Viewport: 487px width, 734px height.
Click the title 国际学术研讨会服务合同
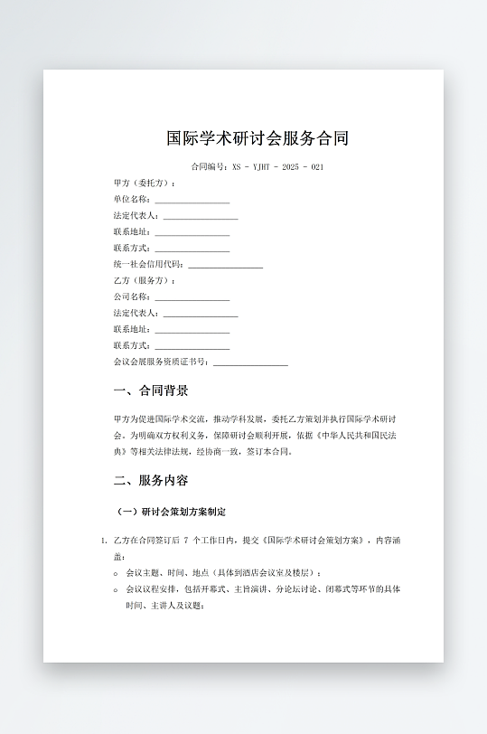point(258,139)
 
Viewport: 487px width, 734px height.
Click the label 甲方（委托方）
point(145,183)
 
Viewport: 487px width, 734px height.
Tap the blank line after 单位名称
point(192,200)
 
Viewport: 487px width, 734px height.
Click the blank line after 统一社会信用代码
point(225,265)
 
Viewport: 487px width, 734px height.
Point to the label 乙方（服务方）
point(145,281)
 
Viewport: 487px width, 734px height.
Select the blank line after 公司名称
point(192,297)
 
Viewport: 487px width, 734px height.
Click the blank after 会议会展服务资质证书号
point(250,362)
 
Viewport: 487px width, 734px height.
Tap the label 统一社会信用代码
point(148,265)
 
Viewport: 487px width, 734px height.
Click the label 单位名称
point(132,200)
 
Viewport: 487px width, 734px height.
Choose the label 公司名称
point(132,297)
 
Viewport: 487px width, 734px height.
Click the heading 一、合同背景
point(151,391)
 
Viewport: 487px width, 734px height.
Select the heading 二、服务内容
point(151,480)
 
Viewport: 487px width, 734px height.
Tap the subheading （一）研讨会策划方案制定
point(172,513)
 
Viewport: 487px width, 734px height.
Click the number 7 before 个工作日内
point(186,541)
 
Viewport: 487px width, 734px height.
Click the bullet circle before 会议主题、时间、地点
point(117,573)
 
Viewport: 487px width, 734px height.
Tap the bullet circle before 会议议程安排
point(117,589)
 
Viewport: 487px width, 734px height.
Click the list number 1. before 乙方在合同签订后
point(104,541)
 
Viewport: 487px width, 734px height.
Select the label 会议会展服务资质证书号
point(161,362)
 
